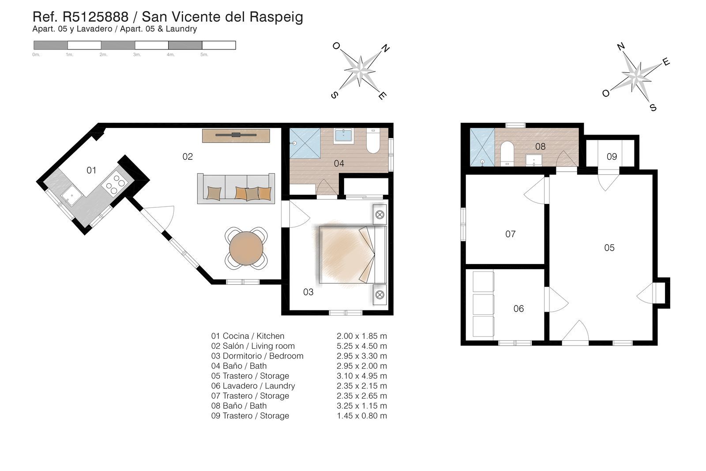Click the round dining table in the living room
pyautogui.click(x=246, y=248)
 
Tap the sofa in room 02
pyautogui.click(x=236, y=188)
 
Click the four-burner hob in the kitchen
pyautogui.click(x=115, y=184)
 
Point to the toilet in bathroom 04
pyautogui.click(x=373, y=141)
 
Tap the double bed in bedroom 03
pyautogui.click(x=352, y=255)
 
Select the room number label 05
pyautogui.click(x=609, y=248)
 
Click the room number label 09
pyautogui.click(x=611, y=156)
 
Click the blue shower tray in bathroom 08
pyautogui.click(x=482, y=147)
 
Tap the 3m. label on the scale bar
pyautogui.click(x=137, y=55)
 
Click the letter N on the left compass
pyautogui.click(x=385, y=48)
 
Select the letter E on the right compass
pyautogui.click(x=666, y=62)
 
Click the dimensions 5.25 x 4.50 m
pyautogui.click(x=361, y=346)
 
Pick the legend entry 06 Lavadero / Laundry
pyautogui.click(x=253, y=386)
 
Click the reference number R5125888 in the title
pyautogui.click(x=96, y=17)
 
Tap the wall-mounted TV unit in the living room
pyautogui.click(x=236, y=135)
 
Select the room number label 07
pyautogui.click(x=510, y=234)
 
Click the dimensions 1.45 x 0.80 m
pyautogui.click(x=361, y=416)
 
